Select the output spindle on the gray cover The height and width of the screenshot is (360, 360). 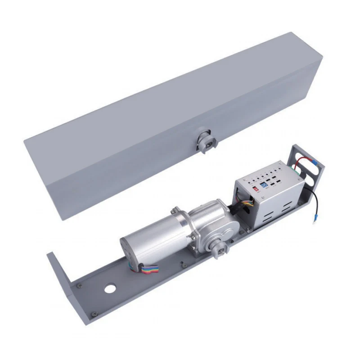point(206,141)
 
